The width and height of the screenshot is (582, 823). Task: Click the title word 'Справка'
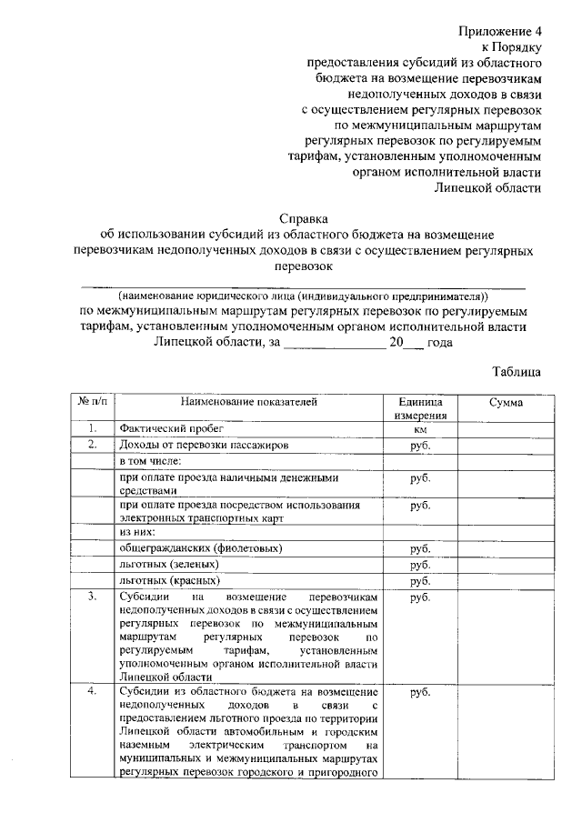point(304,217)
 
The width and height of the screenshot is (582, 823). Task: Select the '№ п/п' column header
point(92,401)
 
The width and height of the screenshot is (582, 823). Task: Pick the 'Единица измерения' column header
point(419,407)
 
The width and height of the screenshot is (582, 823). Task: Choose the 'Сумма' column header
point(504,401)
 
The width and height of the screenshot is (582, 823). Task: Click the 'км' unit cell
point(420,428)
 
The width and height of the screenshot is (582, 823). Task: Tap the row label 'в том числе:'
point(151,461)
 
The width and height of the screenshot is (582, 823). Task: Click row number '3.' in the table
point(92,597)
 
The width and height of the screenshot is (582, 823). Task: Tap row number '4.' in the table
point(92,693)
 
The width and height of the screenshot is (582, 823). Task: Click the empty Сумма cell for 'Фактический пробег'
point(504,428)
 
